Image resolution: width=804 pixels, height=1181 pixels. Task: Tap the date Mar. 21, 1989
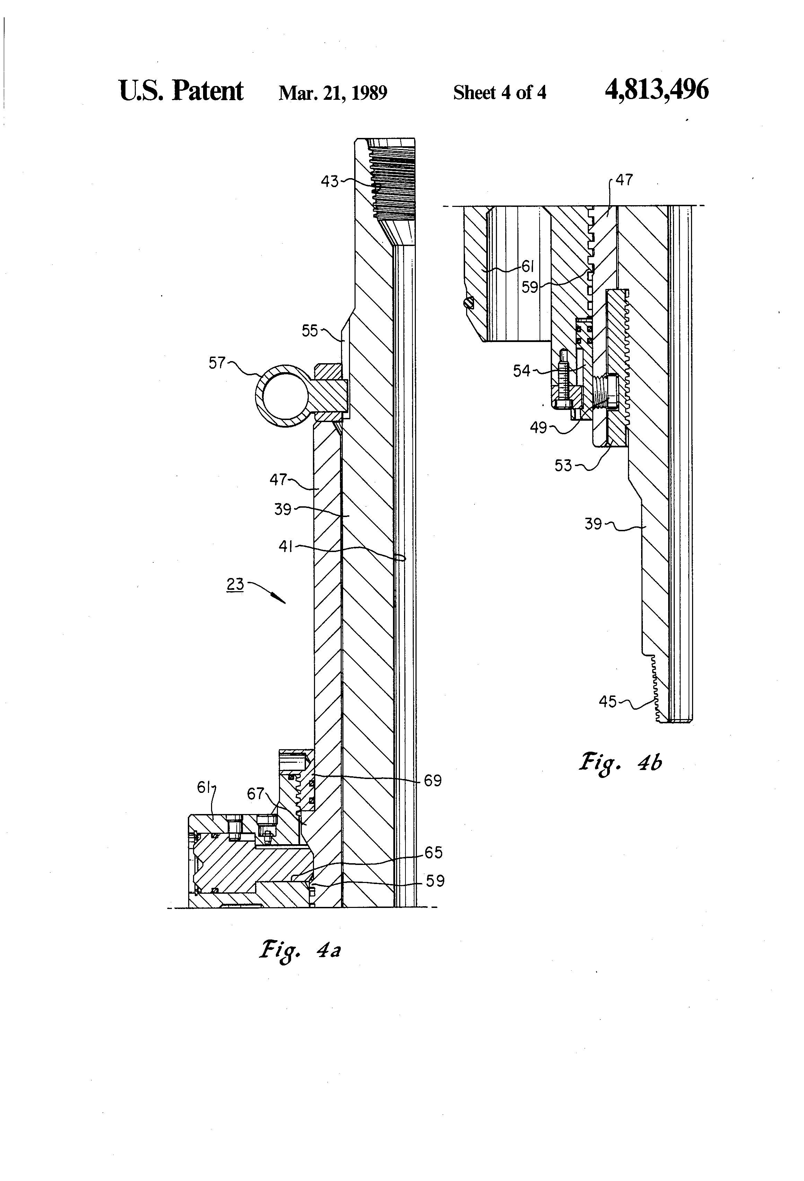[x=333, y=93]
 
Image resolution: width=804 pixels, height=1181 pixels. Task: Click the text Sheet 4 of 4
[x=500, y=93]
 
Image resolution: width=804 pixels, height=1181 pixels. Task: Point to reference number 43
[x=329, y=182]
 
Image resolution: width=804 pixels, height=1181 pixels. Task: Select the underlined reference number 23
[x=235, y=584]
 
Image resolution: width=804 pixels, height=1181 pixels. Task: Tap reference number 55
[x=309, y=331]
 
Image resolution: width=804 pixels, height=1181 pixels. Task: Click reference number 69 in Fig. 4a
[x=432, y=780]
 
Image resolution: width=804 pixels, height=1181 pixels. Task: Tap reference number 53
[x=563, y=465]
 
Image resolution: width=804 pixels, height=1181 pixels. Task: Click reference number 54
[x=522, y=371]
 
